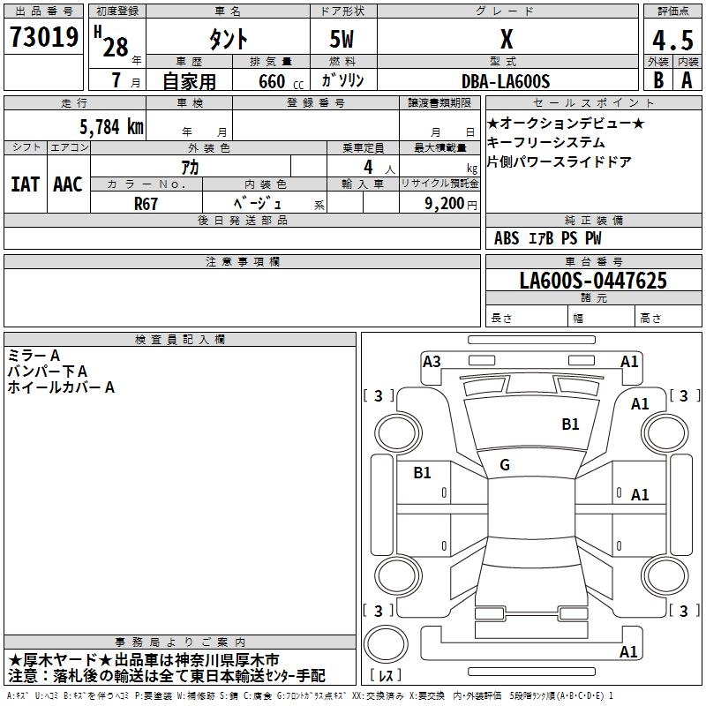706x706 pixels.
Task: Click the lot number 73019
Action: point(44,38)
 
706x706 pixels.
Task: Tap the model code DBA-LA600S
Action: point(506,81)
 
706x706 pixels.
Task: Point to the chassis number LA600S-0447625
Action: point(593,282)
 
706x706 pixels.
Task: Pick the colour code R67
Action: point(146,202)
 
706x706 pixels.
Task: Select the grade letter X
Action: point(506,40)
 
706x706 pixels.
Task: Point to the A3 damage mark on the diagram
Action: point(432,361)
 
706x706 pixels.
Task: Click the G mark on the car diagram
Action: point(505,465)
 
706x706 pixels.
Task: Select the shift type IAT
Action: point(25,184)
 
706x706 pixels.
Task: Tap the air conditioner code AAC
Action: point(68,184)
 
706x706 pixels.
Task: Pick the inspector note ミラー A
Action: point(34,355)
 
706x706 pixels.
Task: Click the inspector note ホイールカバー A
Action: point(61,387)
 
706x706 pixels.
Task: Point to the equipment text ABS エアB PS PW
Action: point(549,237)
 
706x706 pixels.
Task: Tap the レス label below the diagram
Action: point(389,676)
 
